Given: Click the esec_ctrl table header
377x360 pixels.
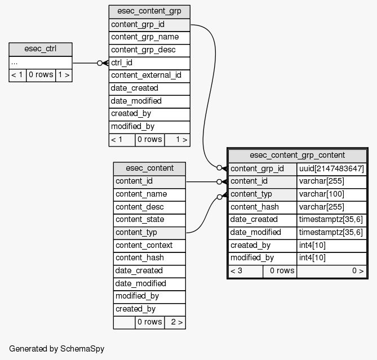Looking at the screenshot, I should [x=40, y=49].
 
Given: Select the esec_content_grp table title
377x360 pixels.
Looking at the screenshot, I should [x=149, y=11].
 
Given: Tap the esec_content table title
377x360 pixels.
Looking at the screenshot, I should [x=149, y=168].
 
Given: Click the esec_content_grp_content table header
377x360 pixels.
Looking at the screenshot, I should [x=297, y=155].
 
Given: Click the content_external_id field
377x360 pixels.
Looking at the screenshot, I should [x=149, y=75].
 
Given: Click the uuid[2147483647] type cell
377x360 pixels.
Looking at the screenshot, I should [x=331, y=168].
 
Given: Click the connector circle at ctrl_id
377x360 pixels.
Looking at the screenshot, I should [x=100, y=63].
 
